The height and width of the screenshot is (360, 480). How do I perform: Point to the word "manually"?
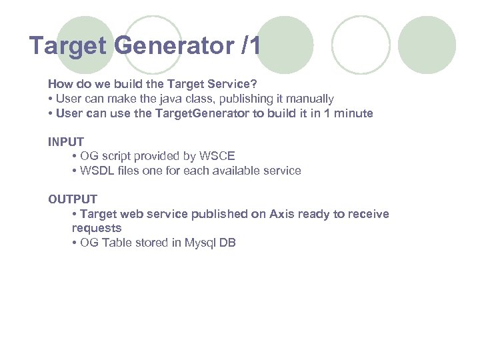311,99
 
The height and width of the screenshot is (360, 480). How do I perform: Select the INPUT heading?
65,142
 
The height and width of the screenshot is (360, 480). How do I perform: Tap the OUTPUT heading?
72,199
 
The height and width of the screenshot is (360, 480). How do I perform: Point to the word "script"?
115,157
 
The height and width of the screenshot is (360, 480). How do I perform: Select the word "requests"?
97,228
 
